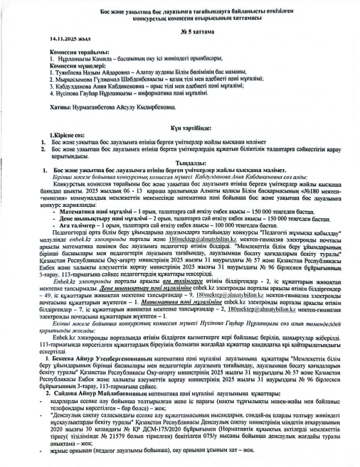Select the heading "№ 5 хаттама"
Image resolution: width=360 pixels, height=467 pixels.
coord(181,33)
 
